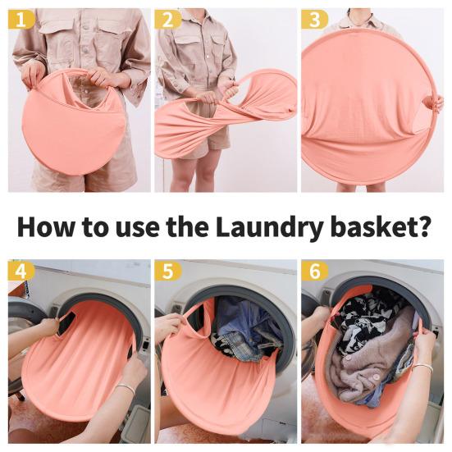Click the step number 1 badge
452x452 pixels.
click(21, 20)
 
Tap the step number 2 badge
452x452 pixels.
click(168, 20)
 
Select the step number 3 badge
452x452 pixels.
click(315, 20)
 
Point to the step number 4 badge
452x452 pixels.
click(21, 271)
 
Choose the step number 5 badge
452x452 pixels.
click(168, 271)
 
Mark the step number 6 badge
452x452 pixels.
click(315, 271)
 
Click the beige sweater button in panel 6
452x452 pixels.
click(377, 377)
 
